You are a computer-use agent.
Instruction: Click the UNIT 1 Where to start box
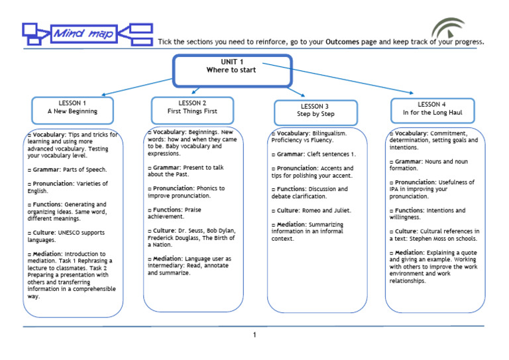pos(232,70)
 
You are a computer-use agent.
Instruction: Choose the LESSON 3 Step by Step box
pos(315,110)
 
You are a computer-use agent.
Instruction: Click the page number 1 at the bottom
pos(254,335)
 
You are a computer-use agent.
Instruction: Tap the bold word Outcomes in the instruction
pos(343,42)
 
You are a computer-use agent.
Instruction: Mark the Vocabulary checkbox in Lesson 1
pos(29,135)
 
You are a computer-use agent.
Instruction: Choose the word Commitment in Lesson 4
pos(450,133)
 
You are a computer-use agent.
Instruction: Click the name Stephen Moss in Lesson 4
pos(429,238)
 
